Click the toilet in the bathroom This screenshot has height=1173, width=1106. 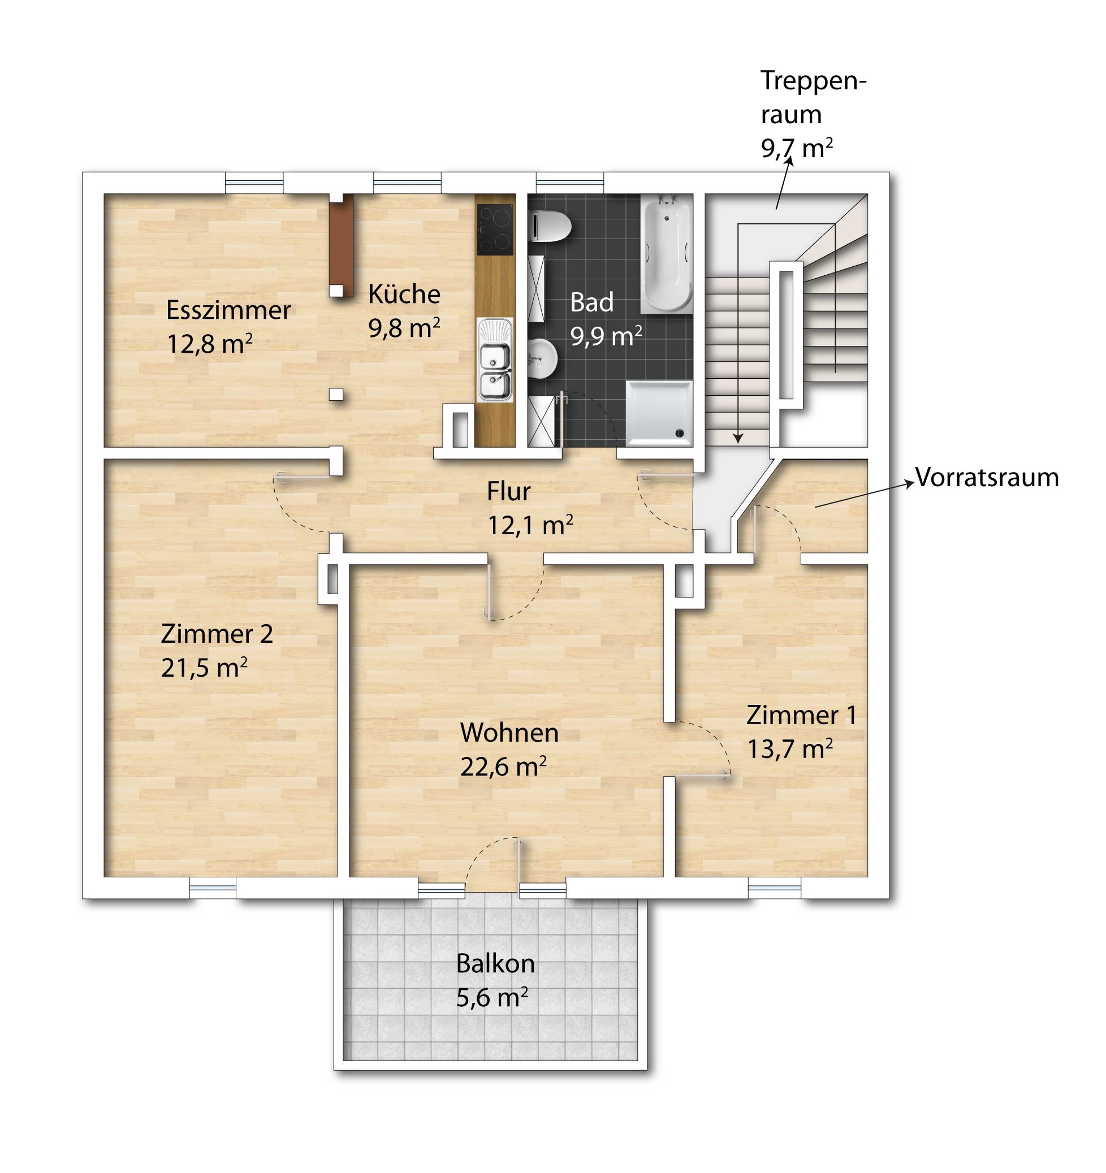click(x=550, y=227)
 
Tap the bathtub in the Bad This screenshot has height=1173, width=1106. click(x=666, y=254)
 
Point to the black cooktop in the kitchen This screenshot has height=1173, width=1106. click(x=495, y=229)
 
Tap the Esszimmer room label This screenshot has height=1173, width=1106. click(x=228, y=310)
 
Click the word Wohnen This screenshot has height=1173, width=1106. click(x=509, y=733)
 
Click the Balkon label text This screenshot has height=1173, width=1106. click(x=495, y=964)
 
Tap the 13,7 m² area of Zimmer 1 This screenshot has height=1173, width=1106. click(x=790, y=750)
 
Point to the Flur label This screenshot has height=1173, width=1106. click(x=509, y=491)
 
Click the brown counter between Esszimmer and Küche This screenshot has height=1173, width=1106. click(x=341, y=246)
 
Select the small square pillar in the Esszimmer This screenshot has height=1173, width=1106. click(x=336, y=394)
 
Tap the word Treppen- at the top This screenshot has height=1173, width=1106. click(x=813, y=81)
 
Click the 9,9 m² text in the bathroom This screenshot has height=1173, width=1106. click(x=606, y=336)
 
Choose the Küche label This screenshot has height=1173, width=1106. click(x=404, y=294)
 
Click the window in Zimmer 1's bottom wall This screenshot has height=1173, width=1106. click(x=774, y=888)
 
